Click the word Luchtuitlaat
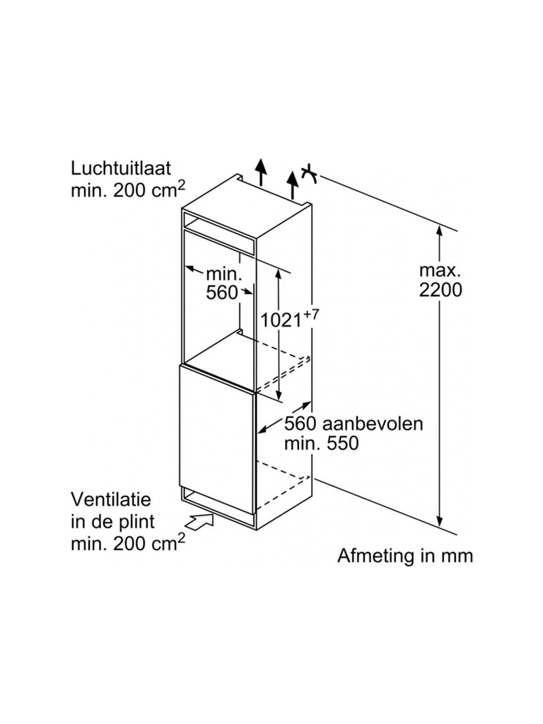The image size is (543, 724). pos(121,169)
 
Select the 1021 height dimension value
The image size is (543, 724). pos(281,320)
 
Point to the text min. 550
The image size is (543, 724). pos(322,443)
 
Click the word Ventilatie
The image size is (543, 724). pos(111,499)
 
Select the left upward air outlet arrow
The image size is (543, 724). pos(261,173)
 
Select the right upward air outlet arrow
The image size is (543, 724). pos(293,185)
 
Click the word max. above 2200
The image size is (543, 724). pos(440,270)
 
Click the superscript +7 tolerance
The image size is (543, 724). pos(310,315)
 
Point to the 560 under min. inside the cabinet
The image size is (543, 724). pos(222,293)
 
